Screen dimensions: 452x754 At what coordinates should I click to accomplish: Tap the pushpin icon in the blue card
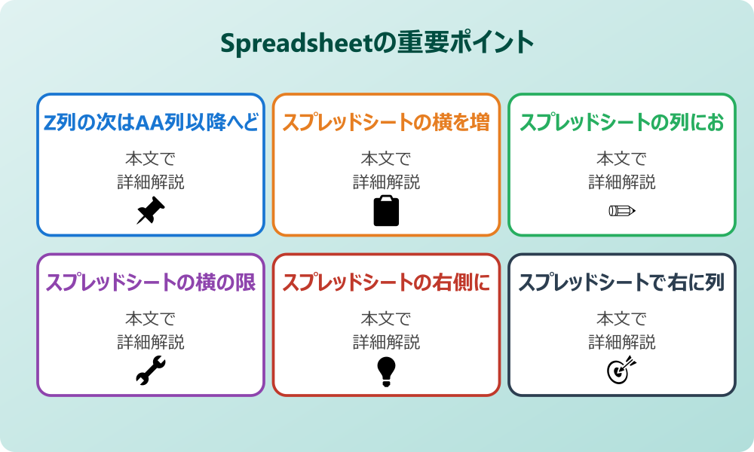pos(151,211)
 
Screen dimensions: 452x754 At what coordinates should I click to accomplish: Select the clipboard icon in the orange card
pos(386,211)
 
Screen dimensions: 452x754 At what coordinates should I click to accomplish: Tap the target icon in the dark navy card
pos(622,371)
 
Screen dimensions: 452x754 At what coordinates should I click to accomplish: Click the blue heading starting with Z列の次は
pos(151,123)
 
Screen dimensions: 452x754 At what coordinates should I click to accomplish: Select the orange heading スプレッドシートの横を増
pos(386,123)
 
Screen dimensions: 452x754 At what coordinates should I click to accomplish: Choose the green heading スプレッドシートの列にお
pos(622,123)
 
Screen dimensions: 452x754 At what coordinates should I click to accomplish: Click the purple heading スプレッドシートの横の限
pos(151,282)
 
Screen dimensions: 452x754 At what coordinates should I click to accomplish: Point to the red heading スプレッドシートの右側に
pos(386,282)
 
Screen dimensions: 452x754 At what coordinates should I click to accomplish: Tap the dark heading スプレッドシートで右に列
pos(622,282)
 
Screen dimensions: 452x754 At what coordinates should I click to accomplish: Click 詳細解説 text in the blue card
pos(151,182)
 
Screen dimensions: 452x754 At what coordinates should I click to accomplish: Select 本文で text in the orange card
pos(386,159)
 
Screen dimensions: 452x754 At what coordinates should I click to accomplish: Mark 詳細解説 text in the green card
pos(622,182)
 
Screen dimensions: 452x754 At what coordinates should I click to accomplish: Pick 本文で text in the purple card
pos(151,319)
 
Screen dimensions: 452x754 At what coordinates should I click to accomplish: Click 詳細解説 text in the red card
pos(386,342)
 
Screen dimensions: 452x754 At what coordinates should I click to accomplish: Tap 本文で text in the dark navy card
pos(622,319)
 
